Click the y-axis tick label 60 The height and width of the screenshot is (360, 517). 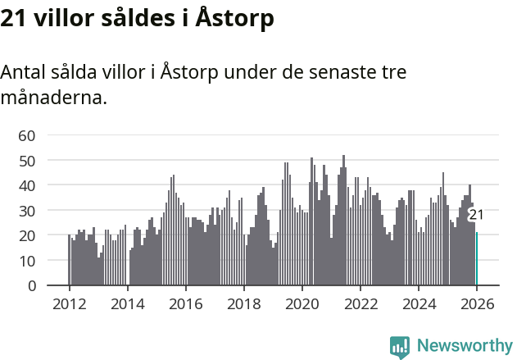tap(27, 135)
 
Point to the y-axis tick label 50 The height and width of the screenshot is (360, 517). tap(27, 161)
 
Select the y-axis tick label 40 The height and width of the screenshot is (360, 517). tap(27, 185)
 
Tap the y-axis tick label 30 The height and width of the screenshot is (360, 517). tap(27, 211)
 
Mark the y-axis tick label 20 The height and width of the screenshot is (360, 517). tap(27, 235)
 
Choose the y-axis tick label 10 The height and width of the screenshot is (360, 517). tap(27, 261)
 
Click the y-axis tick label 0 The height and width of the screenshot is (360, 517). tap(32, 286)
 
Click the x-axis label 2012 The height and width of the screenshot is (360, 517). tap(69, 303)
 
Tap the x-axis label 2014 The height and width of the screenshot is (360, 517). tap(127, 303)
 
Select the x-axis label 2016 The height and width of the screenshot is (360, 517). tap(185, 303)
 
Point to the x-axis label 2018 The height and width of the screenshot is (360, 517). tap(243, 303)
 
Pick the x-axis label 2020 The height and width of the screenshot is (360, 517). tap(302, 303)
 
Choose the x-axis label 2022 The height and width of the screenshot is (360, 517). tap(360, 303)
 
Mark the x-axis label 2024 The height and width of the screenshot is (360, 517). tap(418, 303)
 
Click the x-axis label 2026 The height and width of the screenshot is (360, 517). tap(476, 303)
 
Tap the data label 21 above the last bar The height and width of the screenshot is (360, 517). tap(476, 215)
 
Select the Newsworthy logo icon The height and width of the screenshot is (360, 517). tap(400, 347)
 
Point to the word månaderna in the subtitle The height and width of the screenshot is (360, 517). tap(53, 98)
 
